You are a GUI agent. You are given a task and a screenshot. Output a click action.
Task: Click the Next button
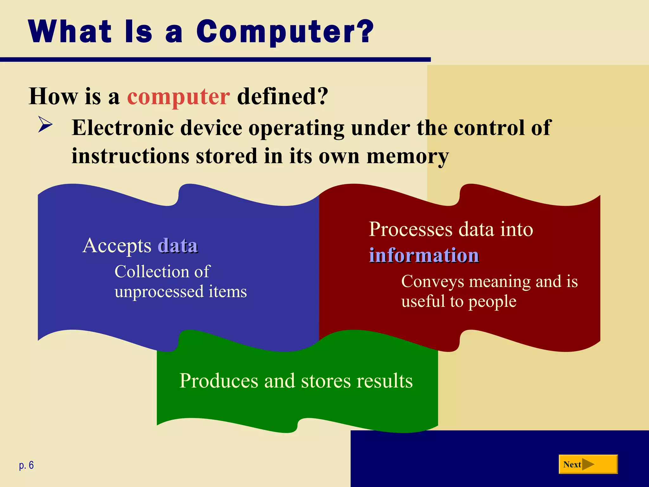pos(588,464)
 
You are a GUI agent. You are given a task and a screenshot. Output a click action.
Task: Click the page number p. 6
pos(26,465)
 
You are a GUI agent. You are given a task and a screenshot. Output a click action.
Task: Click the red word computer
pos(178,96)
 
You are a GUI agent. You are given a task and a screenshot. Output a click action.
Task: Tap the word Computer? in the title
pos(285,32)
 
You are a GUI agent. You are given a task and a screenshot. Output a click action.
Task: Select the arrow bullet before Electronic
pos(45,124)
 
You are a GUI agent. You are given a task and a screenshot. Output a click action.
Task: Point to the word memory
pos(408,157)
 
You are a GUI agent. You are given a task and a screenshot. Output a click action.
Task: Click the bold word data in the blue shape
pos(178,246)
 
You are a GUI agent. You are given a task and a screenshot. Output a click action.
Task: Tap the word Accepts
pos(117,246)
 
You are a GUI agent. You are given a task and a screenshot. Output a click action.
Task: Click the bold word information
pos(424,255)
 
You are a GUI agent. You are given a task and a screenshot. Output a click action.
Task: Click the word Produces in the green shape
pos(219,381)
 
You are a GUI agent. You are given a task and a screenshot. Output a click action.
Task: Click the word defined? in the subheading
pos(282,96)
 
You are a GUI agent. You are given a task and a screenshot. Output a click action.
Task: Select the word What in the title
pos(70,32)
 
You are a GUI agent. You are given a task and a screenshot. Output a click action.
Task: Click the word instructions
pos(130,156)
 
